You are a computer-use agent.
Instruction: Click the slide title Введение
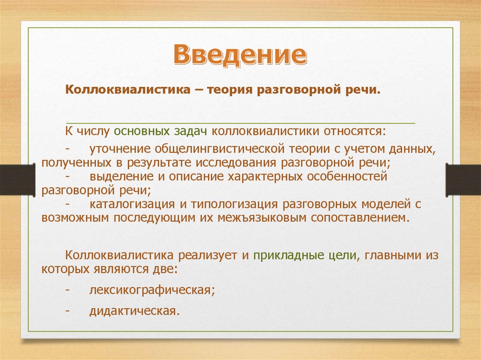240,54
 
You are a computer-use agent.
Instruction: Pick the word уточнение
120,149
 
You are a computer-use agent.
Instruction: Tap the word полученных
77,162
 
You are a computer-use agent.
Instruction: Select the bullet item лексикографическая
152,290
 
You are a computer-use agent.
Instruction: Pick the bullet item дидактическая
134,311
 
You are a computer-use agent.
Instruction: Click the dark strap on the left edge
17,180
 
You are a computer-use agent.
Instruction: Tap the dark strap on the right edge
463,180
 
